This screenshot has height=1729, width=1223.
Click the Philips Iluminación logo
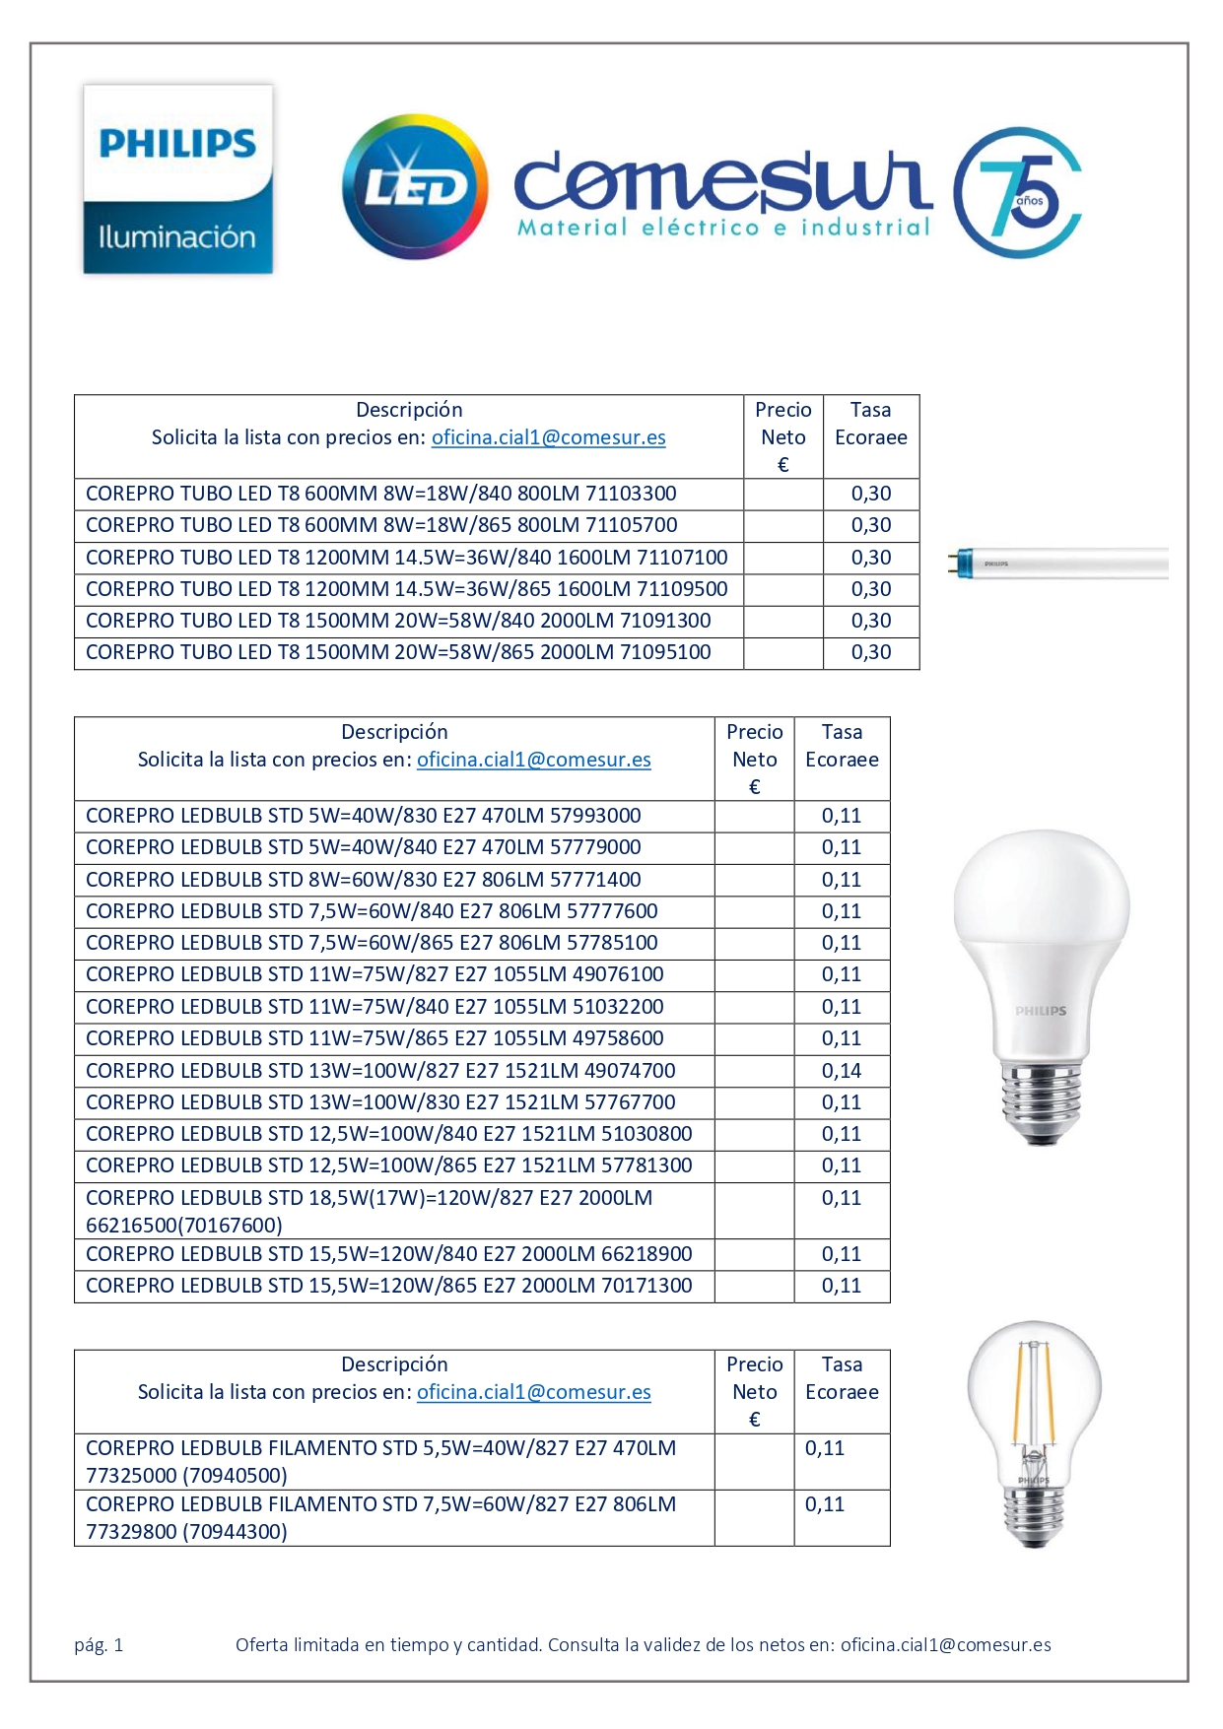[x=177, y=179]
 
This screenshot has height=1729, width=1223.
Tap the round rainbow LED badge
[x=415, y=187]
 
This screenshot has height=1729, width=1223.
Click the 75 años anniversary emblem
[x=1017, y=192]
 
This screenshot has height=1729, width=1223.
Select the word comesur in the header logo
[x=722, y=183]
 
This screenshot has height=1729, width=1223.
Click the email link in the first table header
[x=548, y=437]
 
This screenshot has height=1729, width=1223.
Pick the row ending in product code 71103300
[x=381, y=494]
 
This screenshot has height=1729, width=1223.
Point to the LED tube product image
[x=1058, y=564]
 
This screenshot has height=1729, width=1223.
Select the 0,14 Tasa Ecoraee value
[x=842, y=1071]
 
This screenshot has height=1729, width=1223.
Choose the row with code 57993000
[x=364, y=816]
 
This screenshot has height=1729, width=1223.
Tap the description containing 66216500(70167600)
[x=370, y=1212]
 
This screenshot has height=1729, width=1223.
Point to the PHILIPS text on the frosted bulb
[x=1041, y=1011]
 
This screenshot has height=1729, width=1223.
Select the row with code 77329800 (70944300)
[x=381, y=1518]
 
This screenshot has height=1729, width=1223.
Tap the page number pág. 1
[x=99, y=1644]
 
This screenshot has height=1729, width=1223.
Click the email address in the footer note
[x=945, y=1644]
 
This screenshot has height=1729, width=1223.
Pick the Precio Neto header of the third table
[x=754, y=1391]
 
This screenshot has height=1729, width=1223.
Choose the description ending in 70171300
[x=389, y=1286]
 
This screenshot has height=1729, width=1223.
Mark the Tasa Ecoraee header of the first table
[x=870, y=424]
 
